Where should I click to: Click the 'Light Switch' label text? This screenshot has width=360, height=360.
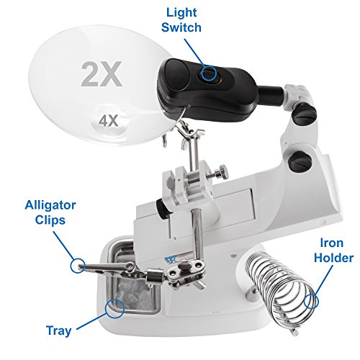click(181, 20)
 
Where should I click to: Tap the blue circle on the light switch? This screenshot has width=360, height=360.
click(209, 73)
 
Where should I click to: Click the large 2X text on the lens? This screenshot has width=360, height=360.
click(102, 74)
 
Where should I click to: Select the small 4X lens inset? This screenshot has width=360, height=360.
click(109, 121)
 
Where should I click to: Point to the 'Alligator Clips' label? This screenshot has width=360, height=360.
click(50, 212)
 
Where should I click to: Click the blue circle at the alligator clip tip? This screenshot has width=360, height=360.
click(78, 266)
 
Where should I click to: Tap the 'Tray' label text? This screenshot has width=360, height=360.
click(58, 330)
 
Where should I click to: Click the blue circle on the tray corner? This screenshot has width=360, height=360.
click(114, 309)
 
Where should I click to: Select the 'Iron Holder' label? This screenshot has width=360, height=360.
click(333, 251)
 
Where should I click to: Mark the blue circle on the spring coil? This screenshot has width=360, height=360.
click(311, 301)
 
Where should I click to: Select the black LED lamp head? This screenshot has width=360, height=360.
click(206, 89)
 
